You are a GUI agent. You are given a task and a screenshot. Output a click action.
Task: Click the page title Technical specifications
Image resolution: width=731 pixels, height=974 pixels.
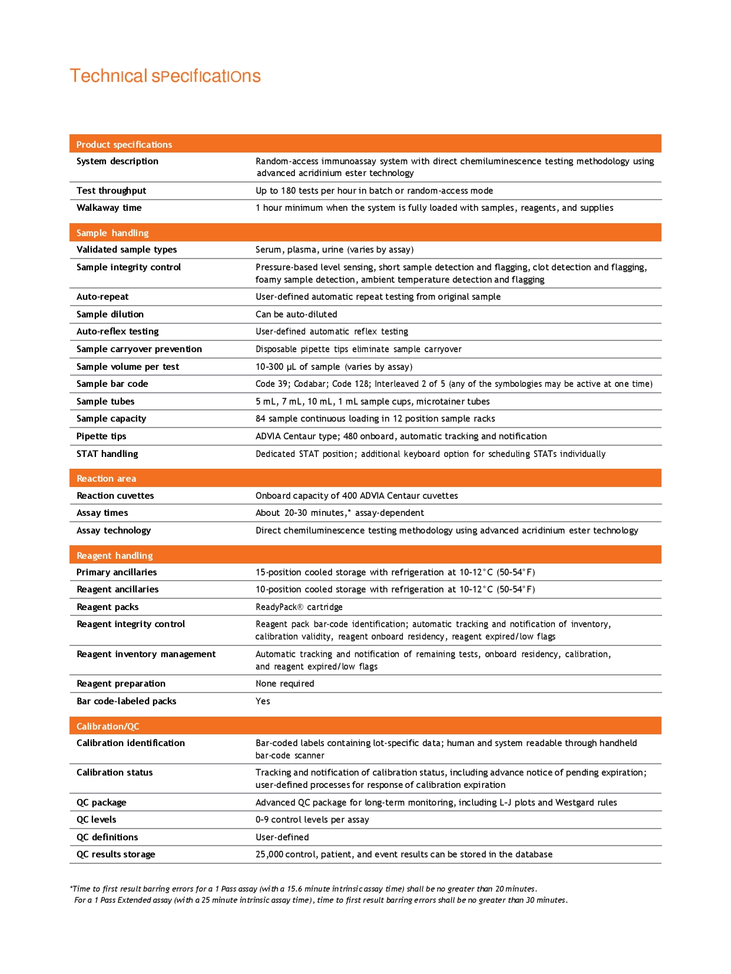pyautogui.click(x=165, y=76)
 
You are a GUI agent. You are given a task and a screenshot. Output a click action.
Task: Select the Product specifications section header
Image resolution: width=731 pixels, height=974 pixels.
pyautogui.click(x=124, y=144)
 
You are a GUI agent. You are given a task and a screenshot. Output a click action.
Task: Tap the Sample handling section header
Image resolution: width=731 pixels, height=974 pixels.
pyautogui.click(x=113, y=233)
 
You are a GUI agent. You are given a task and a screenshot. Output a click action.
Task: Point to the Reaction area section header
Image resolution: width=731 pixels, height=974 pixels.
pyautogui.click(x=106, y=478)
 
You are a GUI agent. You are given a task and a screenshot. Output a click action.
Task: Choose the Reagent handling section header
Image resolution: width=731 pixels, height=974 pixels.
pyautogui.click(x=114, y=555)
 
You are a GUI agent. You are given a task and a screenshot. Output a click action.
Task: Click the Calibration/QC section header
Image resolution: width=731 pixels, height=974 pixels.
pyautogui.click(x=108, y=726)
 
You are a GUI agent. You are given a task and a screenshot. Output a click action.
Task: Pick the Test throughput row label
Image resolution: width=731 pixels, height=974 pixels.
pyautogui.click(x=111, y=190)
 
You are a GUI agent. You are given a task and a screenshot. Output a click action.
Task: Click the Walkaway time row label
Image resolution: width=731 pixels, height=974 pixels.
pyautogui.click(x=109, y=207)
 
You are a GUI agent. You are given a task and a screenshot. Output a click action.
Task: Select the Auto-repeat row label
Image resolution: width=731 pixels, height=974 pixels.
pyautogui.click(x=102, y=296)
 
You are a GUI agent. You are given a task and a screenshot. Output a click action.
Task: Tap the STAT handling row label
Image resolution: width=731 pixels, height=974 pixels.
pyautogui.click(x=107, y=453)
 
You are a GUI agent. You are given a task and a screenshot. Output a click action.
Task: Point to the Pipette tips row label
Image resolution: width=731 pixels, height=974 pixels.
pyautogui.click(x=101, y=436)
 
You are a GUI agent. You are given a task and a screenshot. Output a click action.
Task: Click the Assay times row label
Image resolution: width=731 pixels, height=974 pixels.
pyautogui.click(x=102, y=512)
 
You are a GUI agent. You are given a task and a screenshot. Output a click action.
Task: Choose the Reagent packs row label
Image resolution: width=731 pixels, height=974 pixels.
pyautogui.click(x=108, y=607)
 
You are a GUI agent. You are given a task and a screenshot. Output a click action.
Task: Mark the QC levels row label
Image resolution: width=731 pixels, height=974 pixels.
pyautogui.click(x=97, y=819)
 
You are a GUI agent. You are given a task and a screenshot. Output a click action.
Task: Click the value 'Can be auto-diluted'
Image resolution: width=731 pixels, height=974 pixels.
pyautogui.click(x=296, y=314)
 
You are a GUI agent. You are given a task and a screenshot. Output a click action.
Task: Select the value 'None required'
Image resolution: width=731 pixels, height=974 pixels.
pyautogui.click(x=285, y=683)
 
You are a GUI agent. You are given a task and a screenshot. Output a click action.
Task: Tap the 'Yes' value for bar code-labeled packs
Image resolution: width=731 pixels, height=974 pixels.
pyautogui.click(x=263, y=701)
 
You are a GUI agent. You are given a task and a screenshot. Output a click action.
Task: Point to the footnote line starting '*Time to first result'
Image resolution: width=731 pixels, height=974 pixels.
pyautogui.click(x=303, y=889)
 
